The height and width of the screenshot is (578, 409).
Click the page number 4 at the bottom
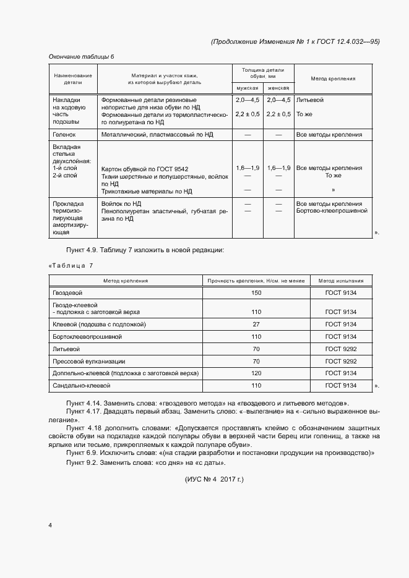pyautogui.click(x=50, y=525)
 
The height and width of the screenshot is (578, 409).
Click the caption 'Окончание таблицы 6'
pyautogui.click(x=81, y=57)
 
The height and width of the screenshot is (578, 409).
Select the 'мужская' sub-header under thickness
pyautogui.click(x=247, y=88)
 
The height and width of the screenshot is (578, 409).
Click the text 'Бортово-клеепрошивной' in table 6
pyautogui.click(x=332, y=211)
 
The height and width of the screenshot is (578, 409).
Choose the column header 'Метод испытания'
pyautogui.click(x=341, y=281)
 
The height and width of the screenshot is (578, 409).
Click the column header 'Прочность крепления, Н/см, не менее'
pyautogui.click(x=256, y=281)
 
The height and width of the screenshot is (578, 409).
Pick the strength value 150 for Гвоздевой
pyautogui.click(x=256, y=292)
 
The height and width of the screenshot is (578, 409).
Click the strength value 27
pyautogui.click(x=256, y=324)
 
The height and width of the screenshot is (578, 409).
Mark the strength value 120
pyautogui.click(x=256, y=373)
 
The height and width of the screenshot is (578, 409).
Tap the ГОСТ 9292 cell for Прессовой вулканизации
pyautogui.click(x=341, y=361)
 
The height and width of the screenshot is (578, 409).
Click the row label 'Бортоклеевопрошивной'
pyautogui.click(x=87, y=336)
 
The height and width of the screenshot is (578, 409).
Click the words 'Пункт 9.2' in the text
pyautogui.click(x=80, y=463)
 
